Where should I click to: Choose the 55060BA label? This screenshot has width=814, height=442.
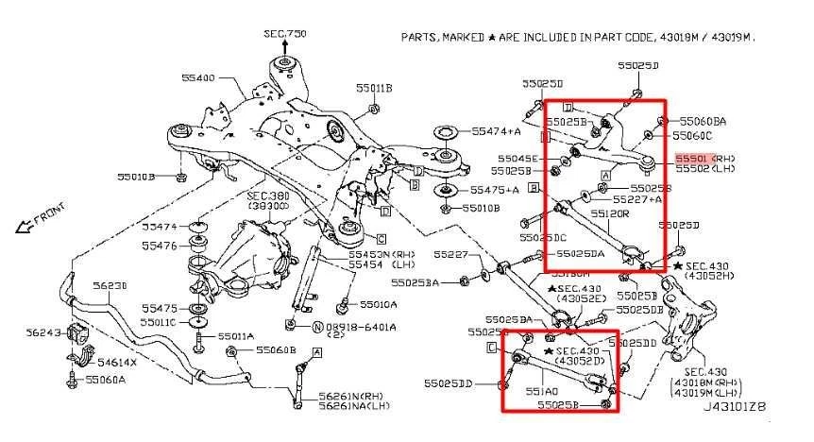(x=704, y=121)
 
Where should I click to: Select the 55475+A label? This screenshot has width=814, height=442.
(x=497, y=190)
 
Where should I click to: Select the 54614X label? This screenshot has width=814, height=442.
(x=119, y=363)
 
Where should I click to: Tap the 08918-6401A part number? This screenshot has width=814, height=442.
(x=359, y=327)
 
